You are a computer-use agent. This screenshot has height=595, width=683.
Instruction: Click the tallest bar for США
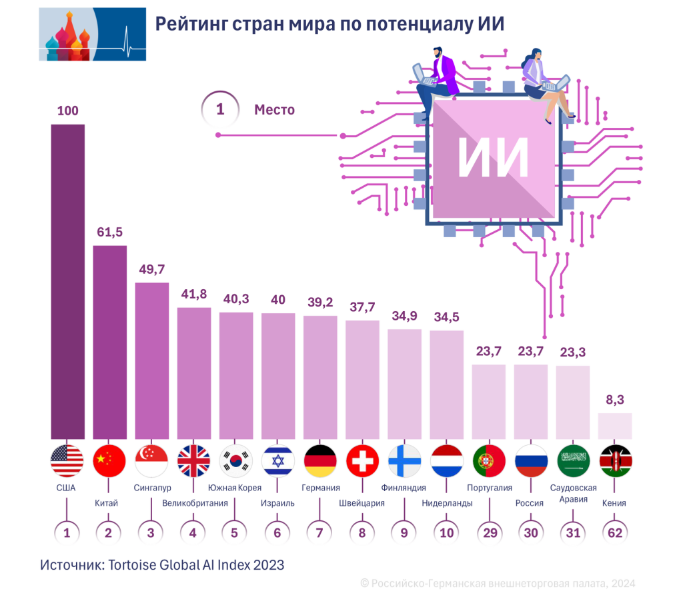pos(68,280)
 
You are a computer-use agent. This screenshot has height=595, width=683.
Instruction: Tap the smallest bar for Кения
pos(615,426)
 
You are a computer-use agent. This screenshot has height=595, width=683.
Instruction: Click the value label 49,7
pos(151,269)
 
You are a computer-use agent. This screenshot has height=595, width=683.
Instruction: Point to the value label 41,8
pos(193,294)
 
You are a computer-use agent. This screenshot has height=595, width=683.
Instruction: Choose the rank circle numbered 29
pos(489,532)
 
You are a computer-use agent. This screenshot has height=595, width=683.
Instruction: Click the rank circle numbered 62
pos(616,532)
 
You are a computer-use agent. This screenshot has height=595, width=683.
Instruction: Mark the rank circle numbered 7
pos(319,532)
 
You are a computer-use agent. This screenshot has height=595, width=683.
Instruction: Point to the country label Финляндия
pos(404,488)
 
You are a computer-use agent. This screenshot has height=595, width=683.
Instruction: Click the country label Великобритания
pos(195,503)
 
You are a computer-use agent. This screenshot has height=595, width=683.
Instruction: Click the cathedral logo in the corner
pos(93,34)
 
